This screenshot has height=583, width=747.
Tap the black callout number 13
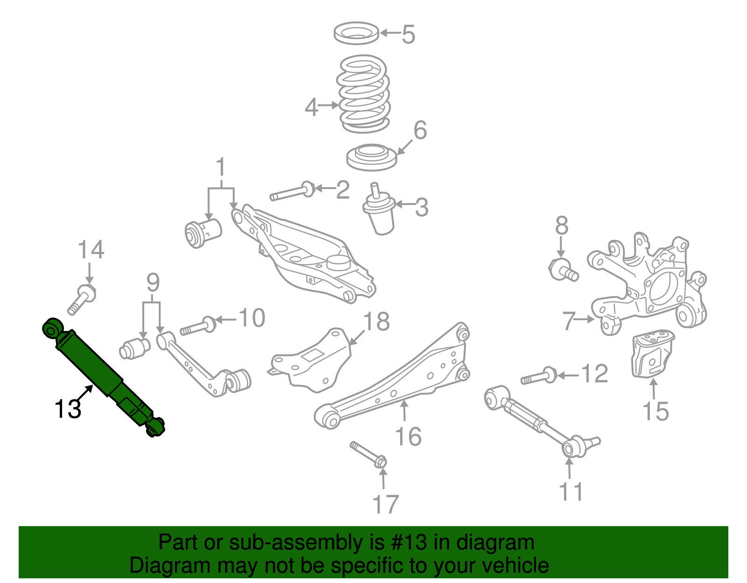(x=68, y=409)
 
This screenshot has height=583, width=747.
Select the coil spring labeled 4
(x=363, y=93)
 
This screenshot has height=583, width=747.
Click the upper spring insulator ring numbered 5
(x=357, y=33)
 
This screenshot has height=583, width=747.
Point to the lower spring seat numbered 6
(x=372, y=157)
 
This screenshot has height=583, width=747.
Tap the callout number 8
(x=562, y=226)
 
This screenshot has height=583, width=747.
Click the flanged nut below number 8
(x=563, y=269)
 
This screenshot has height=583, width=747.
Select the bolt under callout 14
(x=82, y=299)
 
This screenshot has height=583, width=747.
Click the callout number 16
(x=408, y=437)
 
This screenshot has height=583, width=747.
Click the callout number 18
(x=376, y=322)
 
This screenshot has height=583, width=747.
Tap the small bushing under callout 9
(x=134, y=348)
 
